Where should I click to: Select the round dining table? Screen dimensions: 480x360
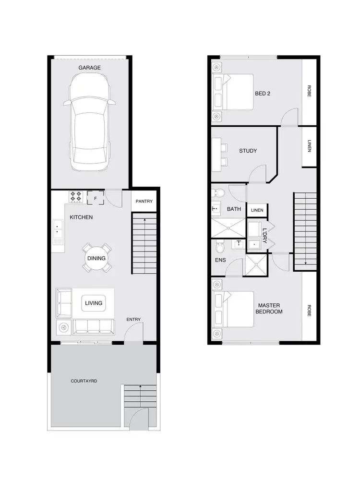coord(96,258)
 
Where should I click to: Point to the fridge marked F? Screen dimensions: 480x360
coord(96,198)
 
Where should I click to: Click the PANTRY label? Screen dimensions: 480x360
coord(144,201)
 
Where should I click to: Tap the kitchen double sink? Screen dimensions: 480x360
coord(58,229)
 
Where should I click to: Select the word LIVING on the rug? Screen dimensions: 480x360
coord(94,303)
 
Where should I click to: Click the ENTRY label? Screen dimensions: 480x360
coord(133,319)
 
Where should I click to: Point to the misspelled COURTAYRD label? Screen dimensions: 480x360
coord(84,381)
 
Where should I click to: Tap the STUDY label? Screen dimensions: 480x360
coord(248,151)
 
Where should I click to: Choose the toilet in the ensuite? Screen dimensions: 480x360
coord(220,248)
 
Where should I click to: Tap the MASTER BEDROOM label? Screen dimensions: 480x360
coord(270,309)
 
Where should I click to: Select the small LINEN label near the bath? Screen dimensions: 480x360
coord(257,210)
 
